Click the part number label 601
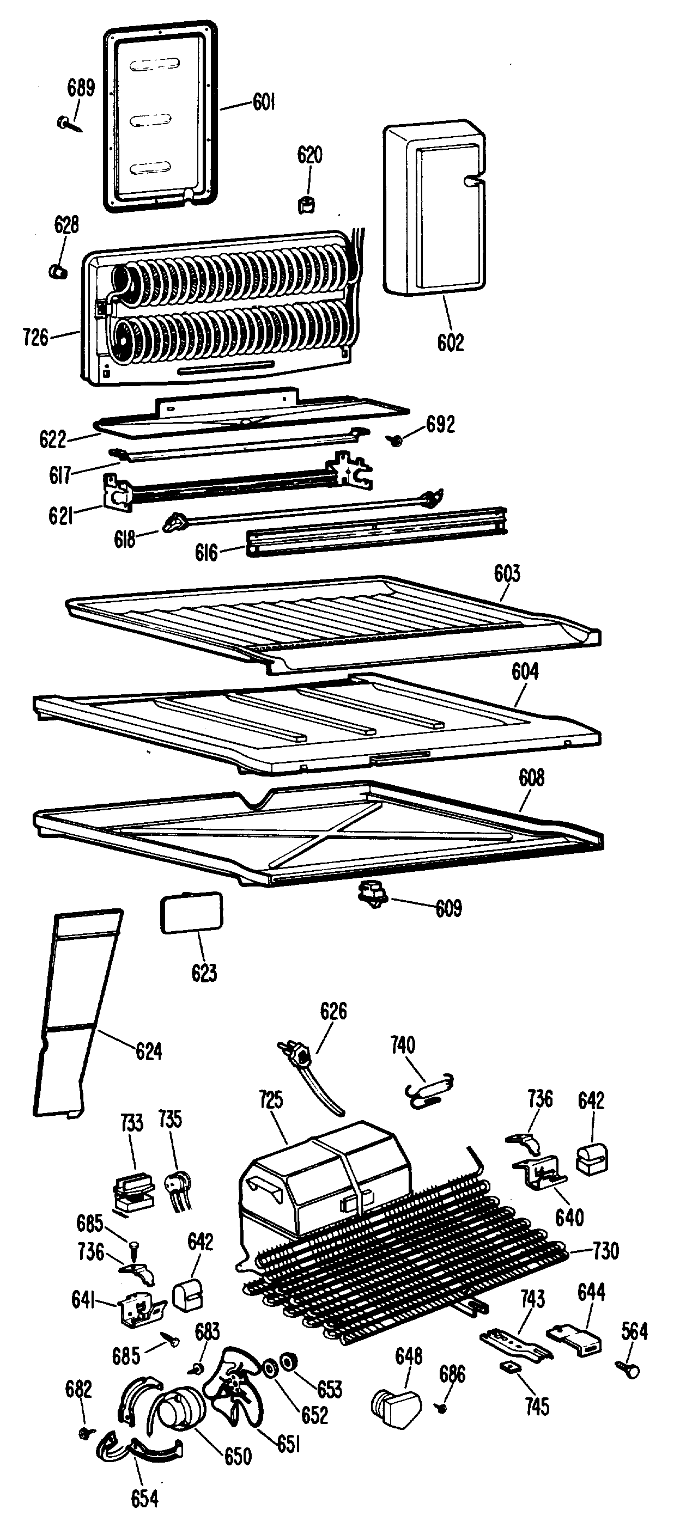tap(264, 102)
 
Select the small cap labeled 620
tap(306, 205)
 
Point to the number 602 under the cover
tap(451, 343)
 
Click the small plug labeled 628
tap(57, 271)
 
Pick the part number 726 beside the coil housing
tap(35, 337)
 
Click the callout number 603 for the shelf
tap(507, 574)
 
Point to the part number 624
tap(148, 1051)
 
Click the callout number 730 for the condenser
tap(606, 1251)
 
